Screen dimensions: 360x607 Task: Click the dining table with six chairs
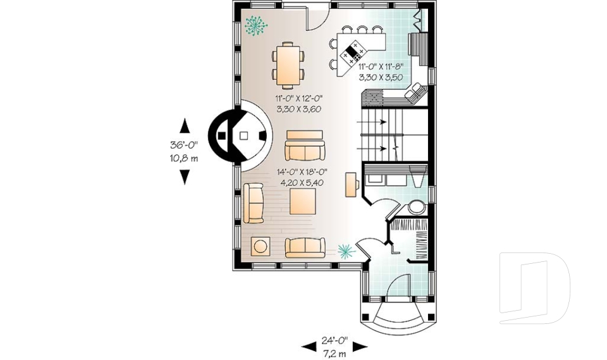[x=288, y=65]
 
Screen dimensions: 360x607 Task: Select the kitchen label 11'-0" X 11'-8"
[x=381, y=66]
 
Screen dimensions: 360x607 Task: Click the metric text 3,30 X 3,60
[x=299, y=109]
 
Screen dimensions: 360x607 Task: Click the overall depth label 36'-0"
[x=184, y=144]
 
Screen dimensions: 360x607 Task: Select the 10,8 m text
[x=184, y=158]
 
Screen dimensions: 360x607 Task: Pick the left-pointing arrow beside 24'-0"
[x=309, y=346]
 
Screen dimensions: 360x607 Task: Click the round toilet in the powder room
[x=416, y=207]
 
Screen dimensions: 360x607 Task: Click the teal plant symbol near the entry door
[x=345, y=251]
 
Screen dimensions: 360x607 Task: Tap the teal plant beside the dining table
[x=255, y=26]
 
